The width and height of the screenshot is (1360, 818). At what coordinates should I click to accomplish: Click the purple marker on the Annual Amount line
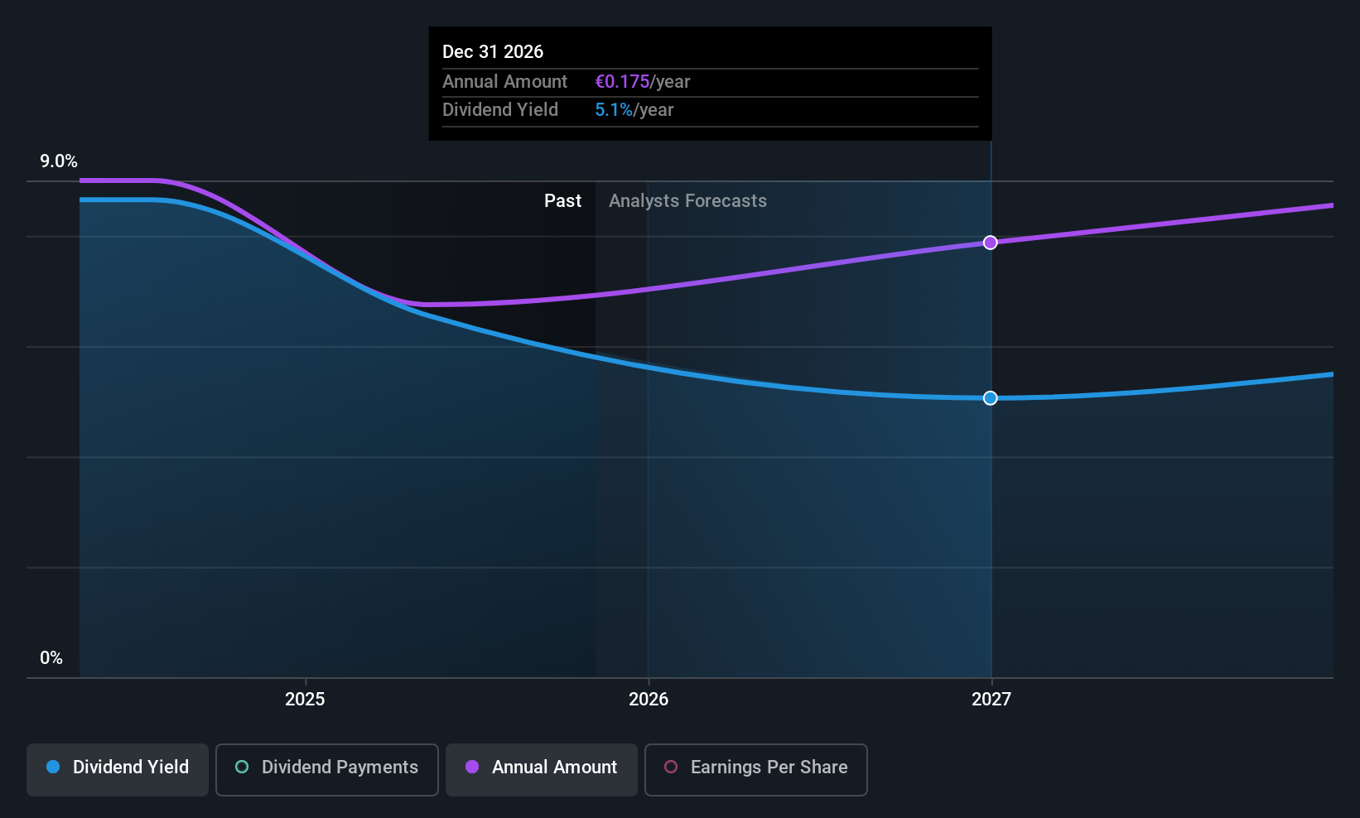pyautogui.click(x=990, y=243)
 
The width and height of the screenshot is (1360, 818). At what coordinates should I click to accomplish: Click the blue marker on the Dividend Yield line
pyautogui.click(x=990, y=398)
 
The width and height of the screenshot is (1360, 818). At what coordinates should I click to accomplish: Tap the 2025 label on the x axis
pyautogui.click(x=305, y=699)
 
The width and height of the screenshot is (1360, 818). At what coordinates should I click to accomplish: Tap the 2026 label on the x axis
pyautogui.click(x=648, y=699)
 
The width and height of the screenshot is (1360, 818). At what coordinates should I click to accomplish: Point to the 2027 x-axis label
pyautogui.click(x=991, y=699)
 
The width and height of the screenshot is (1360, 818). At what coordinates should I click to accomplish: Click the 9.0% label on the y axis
pyautogui.click(x=58, y=161)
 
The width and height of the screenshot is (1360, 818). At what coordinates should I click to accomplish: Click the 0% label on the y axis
pyautogui.click(x=51, y=658)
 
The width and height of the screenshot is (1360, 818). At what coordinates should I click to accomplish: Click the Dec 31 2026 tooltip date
pyautogui.click(x=493, y=51)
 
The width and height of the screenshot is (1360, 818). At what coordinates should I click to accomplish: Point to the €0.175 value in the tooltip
pyautogui.click(x=622, y=81)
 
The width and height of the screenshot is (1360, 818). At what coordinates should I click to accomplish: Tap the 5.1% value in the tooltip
pyautogui.click(x=614, y=109)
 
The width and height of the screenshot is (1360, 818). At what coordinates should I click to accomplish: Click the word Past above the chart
pyautogui.click(x=562, y=200)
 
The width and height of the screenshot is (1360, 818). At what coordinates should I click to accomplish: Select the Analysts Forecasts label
pyautogui.click(x=687, y=200)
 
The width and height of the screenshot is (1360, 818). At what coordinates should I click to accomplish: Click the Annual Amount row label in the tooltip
pyautogui.click(x=504, y=81)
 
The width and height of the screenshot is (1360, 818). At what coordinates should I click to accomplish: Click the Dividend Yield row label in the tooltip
pyautogui.click(x=500, y=109)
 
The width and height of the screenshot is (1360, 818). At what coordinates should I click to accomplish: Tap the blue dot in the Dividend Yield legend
pyautogui.click(x=53, y=767)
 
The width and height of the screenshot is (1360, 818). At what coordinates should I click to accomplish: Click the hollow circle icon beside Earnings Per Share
pyautogui.click(x=671, y=767)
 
